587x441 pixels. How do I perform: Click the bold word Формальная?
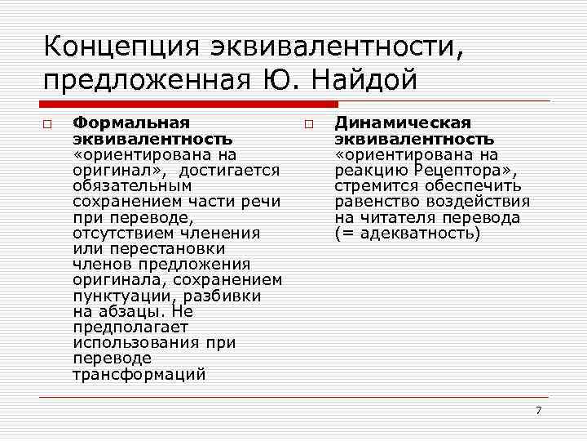(x=130, y=122)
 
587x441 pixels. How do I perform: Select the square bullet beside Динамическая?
(x=310, y=123)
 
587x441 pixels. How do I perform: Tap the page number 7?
(x=538, y=409)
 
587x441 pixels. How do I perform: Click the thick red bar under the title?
(x=188, y=105)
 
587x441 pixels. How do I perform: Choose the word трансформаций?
(x=139, y=375)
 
